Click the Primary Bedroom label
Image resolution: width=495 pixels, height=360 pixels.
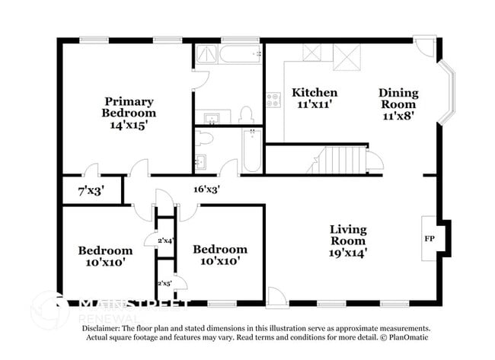(129, 107)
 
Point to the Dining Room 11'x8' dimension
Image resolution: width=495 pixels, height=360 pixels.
(398, 116)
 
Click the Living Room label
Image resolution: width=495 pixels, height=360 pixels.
(347, 234)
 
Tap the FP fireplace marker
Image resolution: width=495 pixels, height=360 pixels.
(430, 237)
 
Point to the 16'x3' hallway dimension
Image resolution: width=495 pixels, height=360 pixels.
(207, 190)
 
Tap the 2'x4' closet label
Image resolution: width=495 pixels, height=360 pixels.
(165, 241)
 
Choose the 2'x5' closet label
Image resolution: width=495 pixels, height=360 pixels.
(165, 283)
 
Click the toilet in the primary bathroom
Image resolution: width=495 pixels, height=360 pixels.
(246, 116)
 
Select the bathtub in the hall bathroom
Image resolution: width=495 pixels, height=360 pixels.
(252, 149)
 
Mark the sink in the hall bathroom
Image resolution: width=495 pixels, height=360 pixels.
(200, 161)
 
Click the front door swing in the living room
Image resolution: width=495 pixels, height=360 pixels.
(277, 297)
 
